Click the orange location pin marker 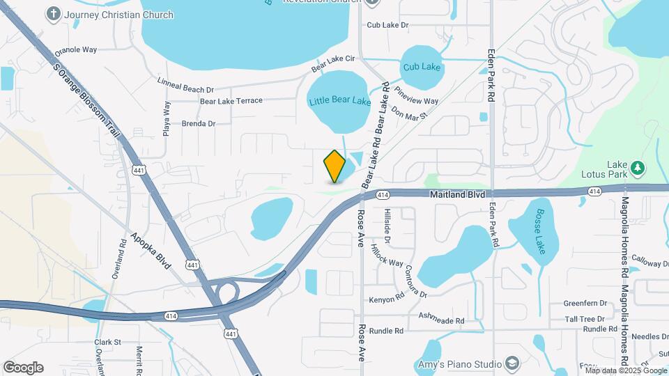335,166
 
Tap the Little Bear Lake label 339,101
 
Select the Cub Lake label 422,67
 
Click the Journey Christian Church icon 53,13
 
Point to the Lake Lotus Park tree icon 636,168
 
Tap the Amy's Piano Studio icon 512,364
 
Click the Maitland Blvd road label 456,196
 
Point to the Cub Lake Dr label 387,25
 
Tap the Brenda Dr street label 198,123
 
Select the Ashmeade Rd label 441,318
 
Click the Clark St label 108,342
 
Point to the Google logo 23,367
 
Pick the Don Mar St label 408,113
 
